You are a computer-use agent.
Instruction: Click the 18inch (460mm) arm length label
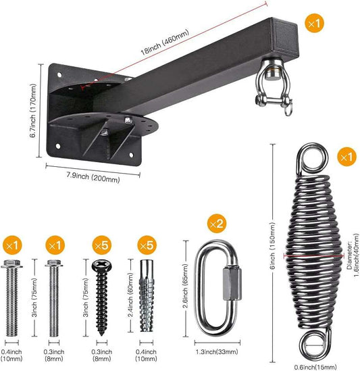point(165,42)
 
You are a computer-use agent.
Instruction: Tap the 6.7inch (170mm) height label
point(33,111)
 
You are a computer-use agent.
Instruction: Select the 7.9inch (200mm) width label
point(93,177)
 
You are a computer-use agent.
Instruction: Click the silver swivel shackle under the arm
point(274,88)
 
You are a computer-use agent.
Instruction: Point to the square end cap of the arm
point(285,36)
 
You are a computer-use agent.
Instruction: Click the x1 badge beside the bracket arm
point(314,24)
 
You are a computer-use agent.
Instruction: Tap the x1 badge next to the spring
point(346,157)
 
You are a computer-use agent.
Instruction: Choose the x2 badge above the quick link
point(217,224)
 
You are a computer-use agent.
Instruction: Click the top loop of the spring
point(312,158)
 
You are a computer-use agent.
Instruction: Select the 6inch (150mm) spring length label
point(273,245)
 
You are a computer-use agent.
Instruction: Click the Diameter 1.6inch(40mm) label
point(353,255)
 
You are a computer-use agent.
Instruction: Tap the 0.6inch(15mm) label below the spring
point(315,367)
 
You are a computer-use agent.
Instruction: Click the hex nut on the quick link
point(232,283)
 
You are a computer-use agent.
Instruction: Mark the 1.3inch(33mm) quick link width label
point(216,352)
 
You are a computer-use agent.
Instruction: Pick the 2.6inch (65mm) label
point(186,286)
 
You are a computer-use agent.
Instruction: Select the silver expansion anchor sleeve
point(147,295)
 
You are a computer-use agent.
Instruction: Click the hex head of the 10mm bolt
point(12,264)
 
